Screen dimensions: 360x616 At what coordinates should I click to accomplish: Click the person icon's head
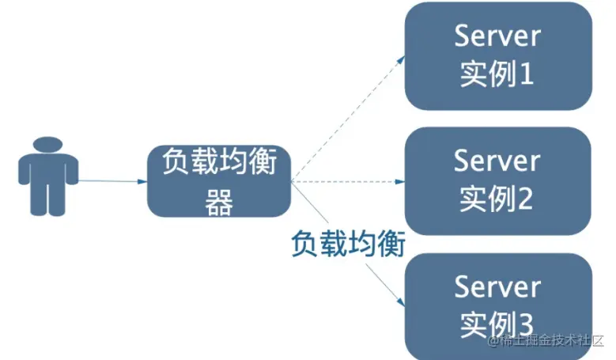48,147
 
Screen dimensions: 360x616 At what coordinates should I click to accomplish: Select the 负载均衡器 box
219,181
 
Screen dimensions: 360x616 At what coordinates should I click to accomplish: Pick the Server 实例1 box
498,55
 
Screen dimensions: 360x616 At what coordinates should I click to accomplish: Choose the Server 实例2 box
498,180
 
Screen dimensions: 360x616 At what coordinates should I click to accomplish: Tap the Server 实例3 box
498,305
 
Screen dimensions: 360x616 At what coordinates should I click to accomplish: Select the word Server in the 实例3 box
497,286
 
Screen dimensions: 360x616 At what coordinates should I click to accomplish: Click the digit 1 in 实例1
525,75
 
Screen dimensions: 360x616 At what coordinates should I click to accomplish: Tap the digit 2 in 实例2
526,199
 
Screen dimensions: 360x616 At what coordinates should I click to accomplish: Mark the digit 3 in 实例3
526,324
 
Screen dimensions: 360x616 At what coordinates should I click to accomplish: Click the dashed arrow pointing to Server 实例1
348,119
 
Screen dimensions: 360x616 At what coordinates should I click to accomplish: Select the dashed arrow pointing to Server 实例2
348,181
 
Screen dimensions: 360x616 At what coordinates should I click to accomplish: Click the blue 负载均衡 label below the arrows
348,244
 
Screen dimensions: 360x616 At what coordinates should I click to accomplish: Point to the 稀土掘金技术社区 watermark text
549,342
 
